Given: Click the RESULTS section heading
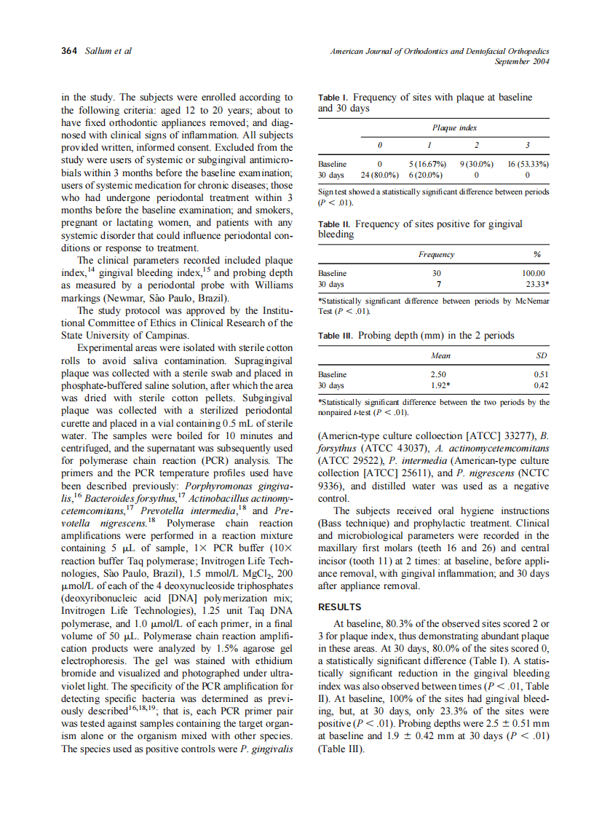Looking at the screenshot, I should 341,607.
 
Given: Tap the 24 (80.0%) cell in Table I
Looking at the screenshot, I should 379,175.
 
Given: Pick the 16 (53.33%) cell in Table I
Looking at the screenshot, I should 528,165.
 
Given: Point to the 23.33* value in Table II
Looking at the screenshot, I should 536,284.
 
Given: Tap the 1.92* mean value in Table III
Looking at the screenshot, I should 439,384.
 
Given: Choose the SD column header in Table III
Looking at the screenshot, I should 541,355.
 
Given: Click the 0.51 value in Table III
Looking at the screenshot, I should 541,374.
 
